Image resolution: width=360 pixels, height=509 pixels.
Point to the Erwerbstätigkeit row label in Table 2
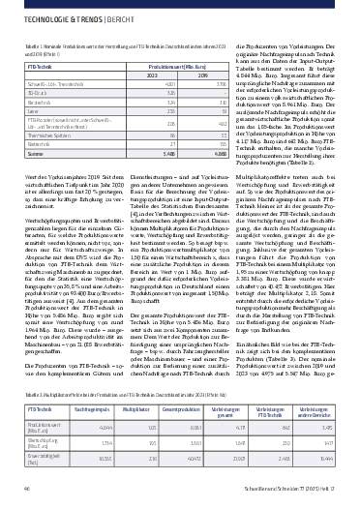coord(42,453)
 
